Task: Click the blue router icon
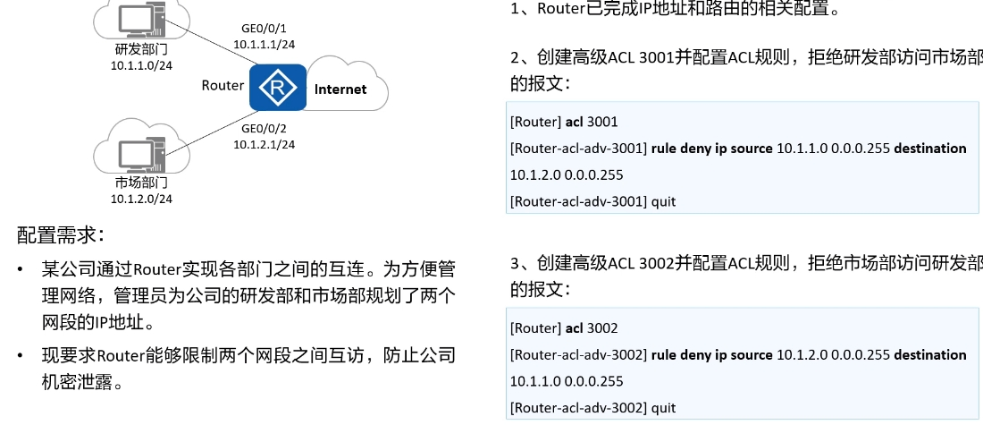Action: [x=276, y=88]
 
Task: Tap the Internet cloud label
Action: [x=340, y=89]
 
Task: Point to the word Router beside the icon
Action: [x=223, y=86]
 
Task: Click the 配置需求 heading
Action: [x=61, y=235]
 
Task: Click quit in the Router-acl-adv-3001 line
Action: [x=663, y=201]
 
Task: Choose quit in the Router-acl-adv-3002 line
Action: [x=663, y=408]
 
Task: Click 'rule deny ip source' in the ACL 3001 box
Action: [x=711, y=149]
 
